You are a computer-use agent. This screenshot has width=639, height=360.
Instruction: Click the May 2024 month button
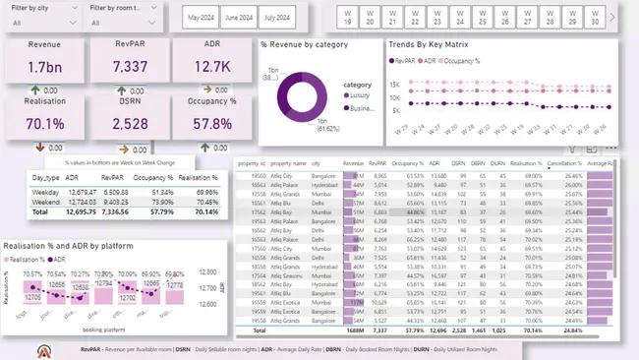(202, 17)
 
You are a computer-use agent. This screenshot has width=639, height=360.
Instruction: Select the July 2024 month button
(276, 17)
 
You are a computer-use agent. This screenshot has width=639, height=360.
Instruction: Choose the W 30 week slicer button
(595, 17)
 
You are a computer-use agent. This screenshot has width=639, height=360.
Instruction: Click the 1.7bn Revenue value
(45, 67)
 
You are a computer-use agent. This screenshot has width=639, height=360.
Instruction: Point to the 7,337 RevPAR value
(130, 67)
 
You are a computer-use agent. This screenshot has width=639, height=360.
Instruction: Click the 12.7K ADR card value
(212, 67)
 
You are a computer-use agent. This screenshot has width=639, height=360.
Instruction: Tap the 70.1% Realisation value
(45, 124)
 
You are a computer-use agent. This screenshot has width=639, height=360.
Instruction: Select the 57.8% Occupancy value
(212, 124)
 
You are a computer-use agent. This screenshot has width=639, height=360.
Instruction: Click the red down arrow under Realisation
(41, 148)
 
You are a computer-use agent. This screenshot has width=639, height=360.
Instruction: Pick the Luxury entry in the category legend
(359, 96)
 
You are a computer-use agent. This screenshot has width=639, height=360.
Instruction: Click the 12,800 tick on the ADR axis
(207, 272)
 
